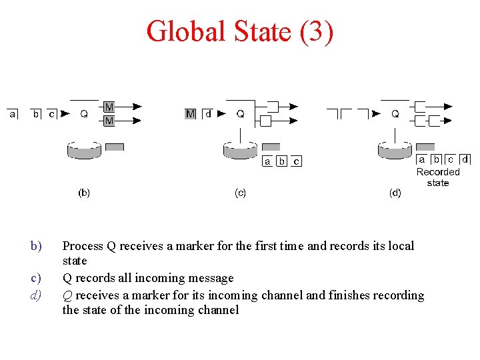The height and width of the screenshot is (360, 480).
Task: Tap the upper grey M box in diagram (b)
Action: (x=109, y=107)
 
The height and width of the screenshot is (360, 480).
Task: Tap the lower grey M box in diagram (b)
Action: (x=109, y=121)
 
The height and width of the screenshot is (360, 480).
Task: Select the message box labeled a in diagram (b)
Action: (x=13, y=114)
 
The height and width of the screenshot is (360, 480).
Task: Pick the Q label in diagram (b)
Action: (x=84, y=114)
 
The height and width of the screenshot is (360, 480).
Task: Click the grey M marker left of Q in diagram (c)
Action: (x=191, y=114)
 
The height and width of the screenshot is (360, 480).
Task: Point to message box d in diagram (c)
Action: (x=208, y=114)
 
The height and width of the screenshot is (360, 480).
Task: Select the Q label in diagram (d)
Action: (x=395, y=114)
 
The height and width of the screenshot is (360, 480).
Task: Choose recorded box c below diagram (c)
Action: (x=296, y=161)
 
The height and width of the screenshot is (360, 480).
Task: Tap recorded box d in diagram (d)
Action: (x=464, y=160)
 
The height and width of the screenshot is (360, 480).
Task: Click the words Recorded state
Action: (x=438, y=177)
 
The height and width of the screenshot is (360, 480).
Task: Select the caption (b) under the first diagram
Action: (x=84, y=193)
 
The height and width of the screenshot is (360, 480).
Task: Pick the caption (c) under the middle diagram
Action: (x=240, y=193)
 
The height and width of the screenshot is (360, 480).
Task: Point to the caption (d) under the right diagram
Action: (x=395, y=193)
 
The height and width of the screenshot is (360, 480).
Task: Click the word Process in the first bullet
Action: (x=83, y=246)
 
